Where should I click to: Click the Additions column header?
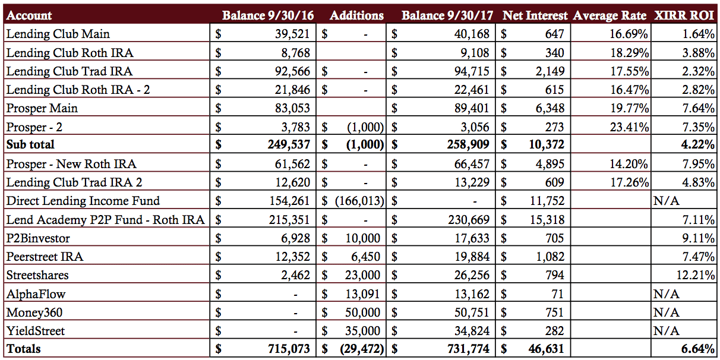click(x=357, y=15)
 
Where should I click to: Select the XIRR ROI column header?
click(x=684, y=15)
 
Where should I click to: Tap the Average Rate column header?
click(x=610, y=15)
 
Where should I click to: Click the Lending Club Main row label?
click(x=58, y=34)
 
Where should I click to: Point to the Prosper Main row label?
click(x=42, y=108)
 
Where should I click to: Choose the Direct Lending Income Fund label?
click(x=83, y=201)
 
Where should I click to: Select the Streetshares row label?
click(x=37, y=275)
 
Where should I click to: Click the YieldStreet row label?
click(x=36, y=331)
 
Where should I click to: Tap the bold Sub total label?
click(x=30, y=144)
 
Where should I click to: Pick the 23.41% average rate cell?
click(x=629, y=127)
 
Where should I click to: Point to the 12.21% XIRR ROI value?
click(x=695, y=275)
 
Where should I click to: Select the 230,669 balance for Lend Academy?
click(x=469, y=220)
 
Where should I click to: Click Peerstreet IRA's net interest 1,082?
click(x=550, y=257)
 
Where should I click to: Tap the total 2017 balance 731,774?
click(x=468, y=349)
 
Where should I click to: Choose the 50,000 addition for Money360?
click(x=362, y=312)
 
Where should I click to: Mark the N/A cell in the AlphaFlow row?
click(x=667, y=294)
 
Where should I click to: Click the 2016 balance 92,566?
click(x=292, y=71)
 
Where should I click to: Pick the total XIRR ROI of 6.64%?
click(x=697, y=349)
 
